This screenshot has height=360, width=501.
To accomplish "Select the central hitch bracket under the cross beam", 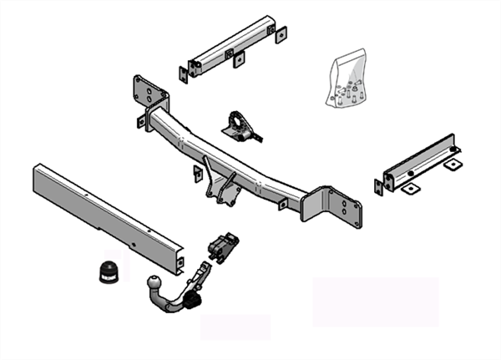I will (224, 188).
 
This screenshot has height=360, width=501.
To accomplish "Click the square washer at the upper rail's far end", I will (281, 33).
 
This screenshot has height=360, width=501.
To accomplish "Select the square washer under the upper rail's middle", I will (239, 60).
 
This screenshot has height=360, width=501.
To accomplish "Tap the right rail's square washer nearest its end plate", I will (410, 190).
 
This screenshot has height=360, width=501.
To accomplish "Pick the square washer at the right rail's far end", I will (452, 165).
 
